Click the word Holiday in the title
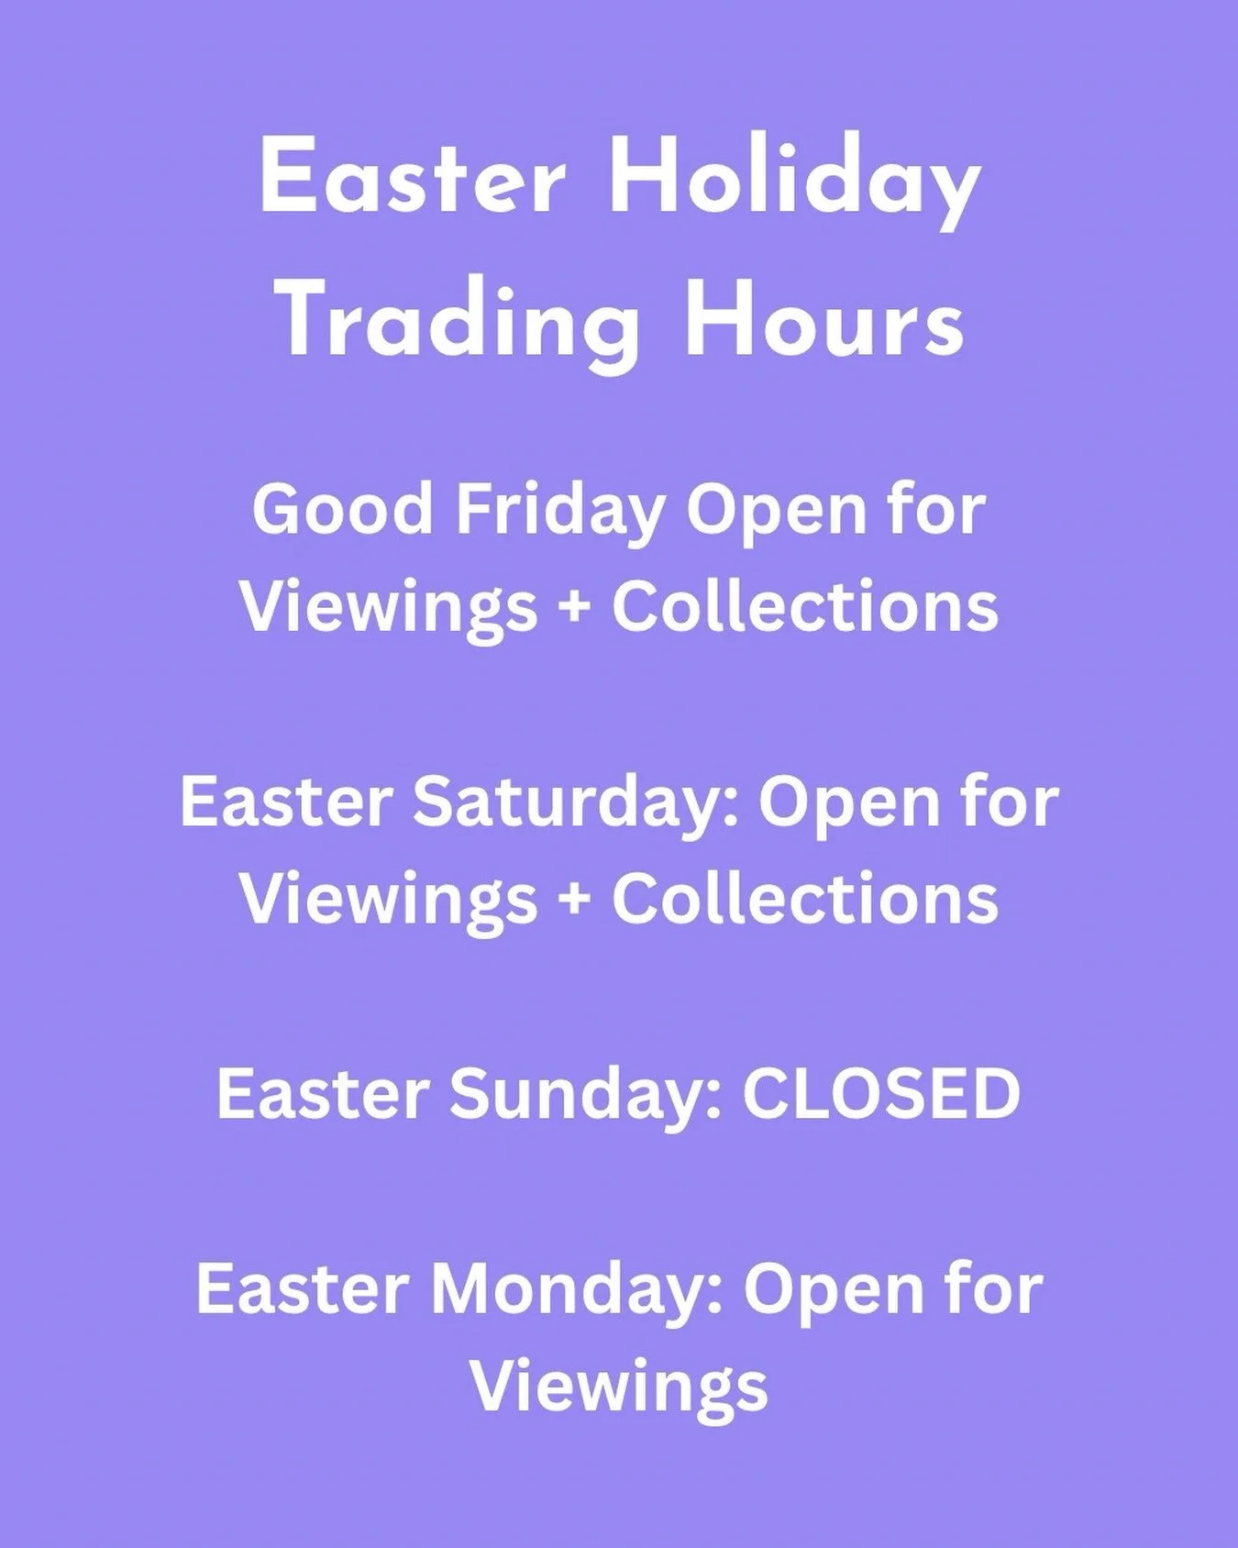794,181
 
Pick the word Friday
559,511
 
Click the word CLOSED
881,1094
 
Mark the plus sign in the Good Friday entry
575,608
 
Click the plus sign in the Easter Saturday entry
575,900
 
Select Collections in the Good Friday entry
805,606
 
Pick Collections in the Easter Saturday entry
805,898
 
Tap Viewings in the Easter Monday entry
619,1387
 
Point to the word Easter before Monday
300,1288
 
